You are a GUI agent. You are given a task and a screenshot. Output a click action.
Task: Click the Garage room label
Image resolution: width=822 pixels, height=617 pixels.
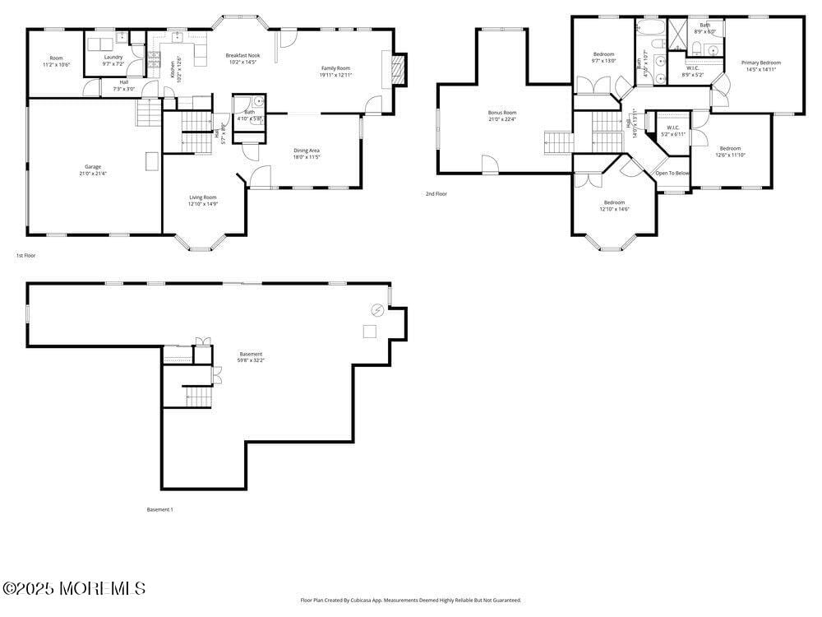tap(92, 167)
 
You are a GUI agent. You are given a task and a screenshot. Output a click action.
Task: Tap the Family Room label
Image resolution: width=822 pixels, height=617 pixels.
tap(335, 68)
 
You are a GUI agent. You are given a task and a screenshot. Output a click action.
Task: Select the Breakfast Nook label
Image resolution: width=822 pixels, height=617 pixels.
tap(242, 55)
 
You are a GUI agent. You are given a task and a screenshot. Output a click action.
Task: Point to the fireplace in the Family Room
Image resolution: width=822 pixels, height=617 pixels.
tap(399, 70)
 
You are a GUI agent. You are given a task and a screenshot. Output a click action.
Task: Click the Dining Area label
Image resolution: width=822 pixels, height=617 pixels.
tap(307, 151)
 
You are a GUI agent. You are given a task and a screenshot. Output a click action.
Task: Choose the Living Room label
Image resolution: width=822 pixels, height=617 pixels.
tap(202, 197)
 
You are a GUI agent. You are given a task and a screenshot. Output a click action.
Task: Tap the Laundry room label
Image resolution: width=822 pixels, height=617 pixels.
tap(113, 57)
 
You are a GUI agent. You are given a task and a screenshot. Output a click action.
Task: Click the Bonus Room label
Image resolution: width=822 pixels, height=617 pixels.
tap(501, 113)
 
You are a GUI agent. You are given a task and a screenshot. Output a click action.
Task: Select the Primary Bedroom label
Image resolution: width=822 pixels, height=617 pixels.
tap(760, 63)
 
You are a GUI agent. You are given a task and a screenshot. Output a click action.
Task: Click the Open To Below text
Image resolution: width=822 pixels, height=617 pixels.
tap(672, 174)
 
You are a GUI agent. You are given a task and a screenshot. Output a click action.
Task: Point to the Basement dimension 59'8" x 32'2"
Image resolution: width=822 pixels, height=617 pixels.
tap(251, 360)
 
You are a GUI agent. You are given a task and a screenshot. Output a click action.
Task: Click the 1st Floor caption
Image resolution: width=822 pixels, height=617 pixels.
tap(25, 256)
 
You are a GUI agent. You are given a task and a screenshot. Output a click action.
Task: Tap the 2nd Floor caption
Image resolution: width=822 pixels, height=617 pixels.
tap(436, 194)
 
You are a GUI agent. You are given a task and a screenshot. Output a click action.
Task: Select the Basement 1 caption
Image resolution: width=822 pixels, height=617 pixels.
tap(159, 510)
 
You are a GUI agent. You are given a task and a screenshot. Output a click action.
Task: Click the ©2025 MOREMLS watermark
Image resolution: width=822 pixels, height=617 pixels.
tap(74, 588)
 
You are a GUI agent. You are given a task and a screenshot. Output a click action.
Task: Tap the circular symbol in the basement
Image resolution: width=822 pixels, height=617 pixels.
tap(377, 310)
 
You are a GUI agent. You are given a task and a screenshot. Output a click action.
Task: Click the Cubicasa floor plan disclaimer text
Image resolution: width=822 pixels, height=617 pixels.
tap(410, 601)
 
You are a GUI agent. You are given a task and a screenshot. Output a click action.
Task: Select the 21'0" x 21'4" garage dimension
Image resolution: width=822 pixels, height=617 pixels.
tap(92, 174)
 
